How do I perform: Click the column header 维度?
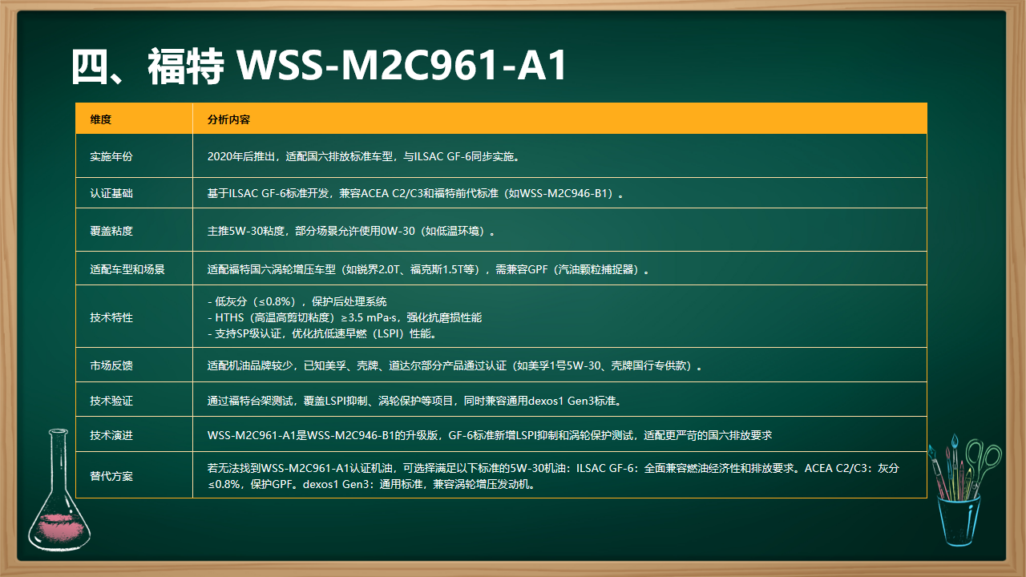pyautogui.click(x=101, y=119)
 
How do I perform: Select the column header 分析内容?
pyautogui.click(x=228, y=119)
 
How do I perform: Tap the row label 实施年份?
pyautogui.click(x=111, y=156)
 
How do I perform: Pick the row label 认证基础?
pyautogui.click(x=111, y=193)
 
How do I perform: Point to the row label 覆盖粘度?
pyautogui.click(x=111, y=231)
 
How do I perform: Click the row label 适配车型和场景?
pyautogui.click(x=127, y=269)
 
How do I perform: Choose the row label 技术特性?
pyautogui.click(x=111, y=317)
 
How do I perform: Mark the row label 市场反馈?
pyautogui.click(x=111, y=365)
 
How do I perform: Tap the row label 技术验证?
pyautogui.click(x=111, y=401)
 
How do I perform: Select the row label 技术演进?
pyautogui.click(x=111, y=435)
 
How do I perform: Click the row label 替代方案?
pyautogui.click(x=111, y=476)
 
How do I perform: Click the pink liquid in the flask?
pyautogui.click(x=59, y=527)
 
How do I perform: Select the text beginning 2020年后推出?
pyautogui.click(x=364, y=156)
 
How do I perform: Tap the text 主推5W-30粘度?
pyautogui.click(x=245, y=231)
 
